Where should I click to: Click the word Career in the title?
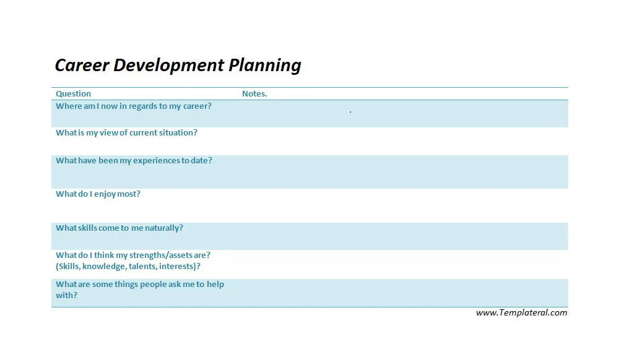pos(82,65)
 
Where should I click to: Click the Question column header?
pos(73,94)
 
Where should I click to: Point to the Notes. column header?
pos(254,94)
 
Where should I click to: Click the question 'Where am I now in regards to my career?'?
pos(134,106)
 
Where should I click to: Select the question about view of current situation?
pos(126,133)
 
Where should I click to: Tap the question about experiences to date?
pos(134,161)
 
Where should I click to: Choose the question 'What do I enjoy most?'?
pos(98,194)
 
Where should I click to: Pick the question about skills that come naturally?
pos(119,228)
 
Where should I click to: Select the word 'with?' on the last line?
pos(66,296)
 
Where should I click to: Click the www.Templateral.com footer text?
pos(521,313)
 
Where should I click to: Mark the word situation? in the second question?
pos(178,133)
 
